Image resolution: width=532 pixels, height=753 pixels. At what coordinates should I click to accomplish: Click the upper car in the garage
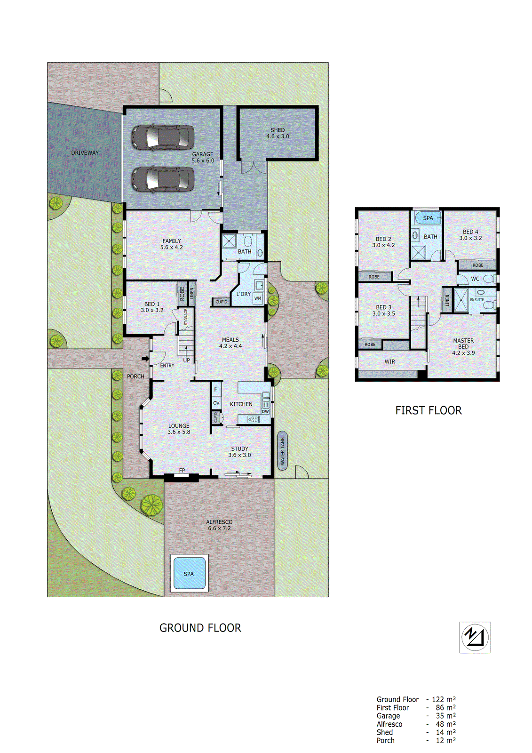pyautogui.click(x=162, y=137)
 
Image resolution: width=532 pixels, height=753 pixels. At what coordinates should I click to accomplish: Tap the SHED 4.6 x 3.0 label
pyautogui.click(x=278, y=133)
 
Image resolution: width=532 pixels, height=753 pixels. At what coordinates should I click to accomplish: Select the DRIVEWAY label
pyautogui.click(x=85, y=153)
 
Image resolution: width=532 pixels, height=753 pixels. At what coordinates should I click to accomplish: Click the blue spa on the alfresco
pyautogui.click(x=189, y=573)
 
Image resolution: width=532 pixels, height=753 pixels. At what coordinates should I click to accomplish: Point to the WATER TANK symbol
pyautogui.click(x=282, y=450)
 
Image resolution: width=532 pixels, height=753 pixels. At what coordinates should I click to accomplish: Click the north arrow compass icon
pyautogui.click(x=475, y=637)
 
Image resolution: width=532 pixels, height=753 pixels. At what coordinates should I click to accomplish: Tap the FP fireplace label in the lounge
pyautogui.click(x=182, y=471)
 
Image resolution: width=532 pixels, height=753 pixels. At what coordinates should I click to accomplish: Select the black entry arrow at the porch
pyautogui.click(x=145, y=359)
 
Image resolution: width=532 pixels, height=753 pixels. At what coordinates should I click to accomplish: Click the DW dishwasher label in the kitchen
pyautogui.click(x=265, y=412)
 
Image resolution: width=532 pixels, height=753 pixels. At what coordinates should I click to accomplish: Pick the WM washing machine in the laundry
pyautogui.click(x=257, y=298)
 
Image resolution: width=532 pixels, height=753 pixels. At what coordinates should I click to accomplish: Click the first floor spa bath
pyautogui.click(x=428, y=218)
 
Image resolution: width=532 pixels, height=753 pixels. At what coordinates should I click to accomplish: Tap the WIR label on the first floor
pyautogui.click(x=389, y=361)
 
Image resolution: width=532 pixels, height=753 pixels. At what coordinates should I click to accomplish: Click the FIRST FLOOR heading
pyautogui.click(x=428, y=410)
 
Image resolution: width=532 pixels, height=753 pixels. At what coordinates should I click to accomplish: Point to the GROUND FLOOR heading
pyautogui.click(x=200, y=628)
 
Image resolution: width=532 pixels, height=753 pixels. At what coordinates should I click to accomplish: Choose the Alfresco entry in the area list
pyautogui.click(x=389, y=724)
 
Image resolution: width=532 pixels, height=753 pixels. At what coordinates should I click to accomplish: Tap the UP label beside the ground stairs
pyautogui.click(x=186, y=360)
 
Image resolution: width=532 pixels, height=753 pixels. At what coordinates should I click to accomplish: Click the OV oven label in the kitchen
pyautogui.click(x=216, y=403)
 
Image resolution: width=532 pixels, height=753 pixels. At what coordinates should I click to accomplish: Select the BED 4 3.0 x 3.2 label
pyautogui.click(x=470, y=235)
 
